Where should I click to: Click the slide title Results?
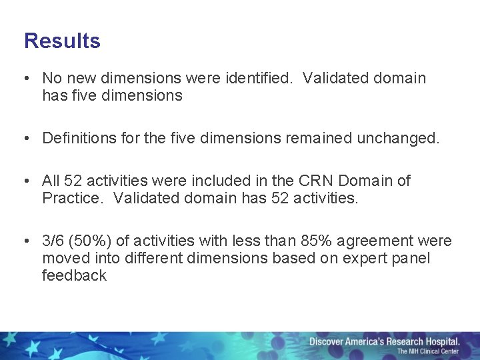[x=62, y=41]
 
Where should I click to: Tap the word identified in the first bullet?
[x=257, y=79]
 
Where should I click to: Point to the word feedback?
[x=74, y=275]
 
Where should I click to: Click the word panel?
[x=410, y=258]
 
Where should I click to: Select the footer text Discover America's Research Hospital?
[x=384, y=341]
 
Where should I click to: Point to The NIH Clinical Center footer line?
[x=428, y=351]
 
